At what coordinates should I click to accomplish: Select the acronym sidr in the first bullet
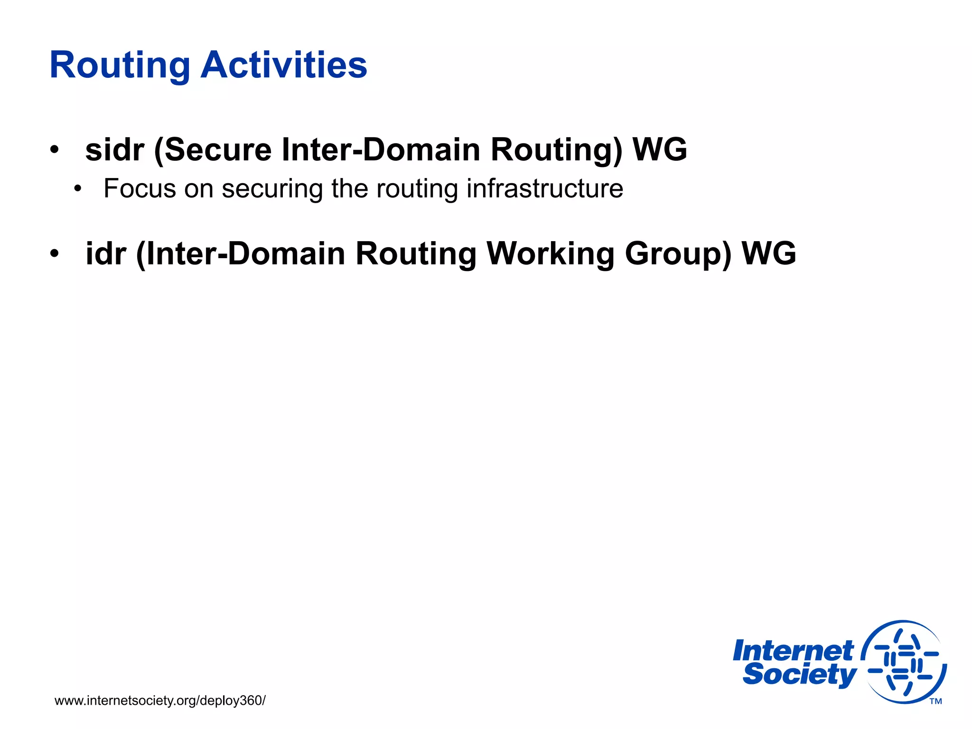point(114,150)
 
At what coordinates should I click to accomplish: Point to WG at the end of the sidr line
point(660,150)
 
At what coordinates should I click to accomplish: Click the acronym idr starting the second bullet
point(106,253)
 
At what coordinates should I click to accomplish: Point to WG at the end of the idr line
point(769,253)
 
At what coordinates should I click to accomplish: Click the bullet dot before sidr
point(55,150)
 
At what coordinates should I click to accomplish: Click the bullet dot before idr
point(55,254)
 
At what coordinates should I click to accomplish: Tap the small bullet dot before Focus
point(78,189)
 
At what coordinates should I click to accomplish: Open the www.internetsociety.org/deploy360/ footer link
point(160,701)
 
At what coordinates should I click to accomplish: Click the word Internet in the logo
point(793,651)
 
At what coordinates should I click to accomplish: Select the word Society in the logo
point(799,674)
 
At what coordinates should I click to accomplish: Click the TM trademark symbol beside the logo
point(935,701)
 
